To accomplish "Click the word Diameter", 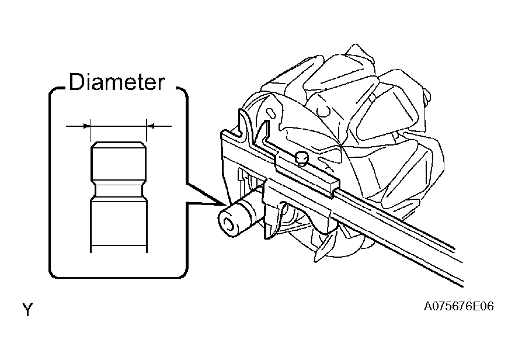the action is coord(117,82).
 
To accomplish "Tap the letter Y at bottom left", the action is coord(28,309).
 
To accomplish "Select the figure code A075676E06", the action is coord(458,306).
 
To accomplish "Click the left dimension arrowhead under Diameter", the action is coord(87,126).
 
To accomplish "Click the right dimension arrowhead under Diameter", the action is coord(150,126).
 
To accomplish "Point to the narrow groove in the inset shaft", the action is coord(119,190).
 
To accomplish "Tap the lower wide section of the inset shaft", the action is coord(119,224).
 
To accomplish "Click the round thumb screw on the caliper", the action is coord(301,157).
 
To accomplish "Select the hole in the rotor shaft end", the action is coord(227,224).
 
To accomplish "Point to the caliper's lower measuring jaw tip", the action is coord(269,232).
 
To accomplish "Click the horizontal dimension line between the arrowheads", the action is coord(119,126).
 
